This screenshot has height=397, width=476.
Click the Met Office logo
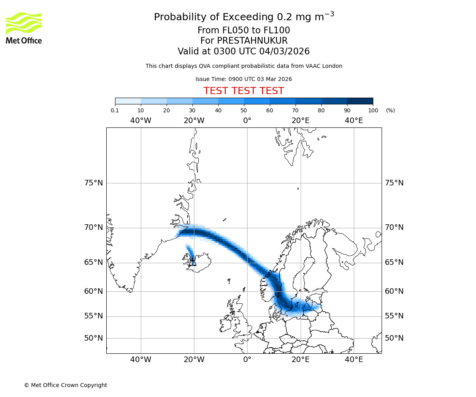click(24, 28)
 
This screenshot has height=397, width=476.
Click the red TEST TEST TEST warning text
click(244, 91)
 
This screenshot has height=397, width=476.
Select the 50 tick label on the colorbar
click(244, 110)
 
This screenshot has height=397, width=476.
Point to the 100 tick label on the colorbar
click(373, 110)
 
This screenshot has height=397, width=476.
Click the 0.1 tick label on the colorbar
click(115, 110)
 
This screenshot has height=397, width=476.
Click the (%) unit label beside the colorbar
click(390, 110)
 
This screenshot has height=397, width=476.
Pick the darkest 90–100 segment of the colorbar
click(360, 101)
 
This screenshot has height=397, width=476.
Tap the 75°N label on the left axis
click(94, 183)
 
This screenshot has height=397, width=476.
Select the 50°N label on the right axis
click(394, 338)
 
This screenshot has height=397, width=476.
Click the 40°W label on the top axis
click(141, 121)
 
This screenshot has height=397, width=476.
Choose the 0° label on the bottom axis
click(247, 360)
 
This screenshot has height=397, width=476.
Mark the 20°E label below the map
click(301, 360)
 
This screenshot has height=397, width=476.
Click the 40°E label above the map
click(354, 121)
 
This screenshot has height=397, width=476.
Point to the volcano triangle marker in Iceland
click(193, 262)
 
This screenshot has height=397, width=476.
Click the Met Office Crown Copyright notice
click(65, 385)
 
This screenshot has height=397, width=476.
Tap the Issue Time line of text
click(244, 79)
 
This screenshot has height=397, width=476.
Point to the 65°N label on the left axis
click(94, 262)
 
